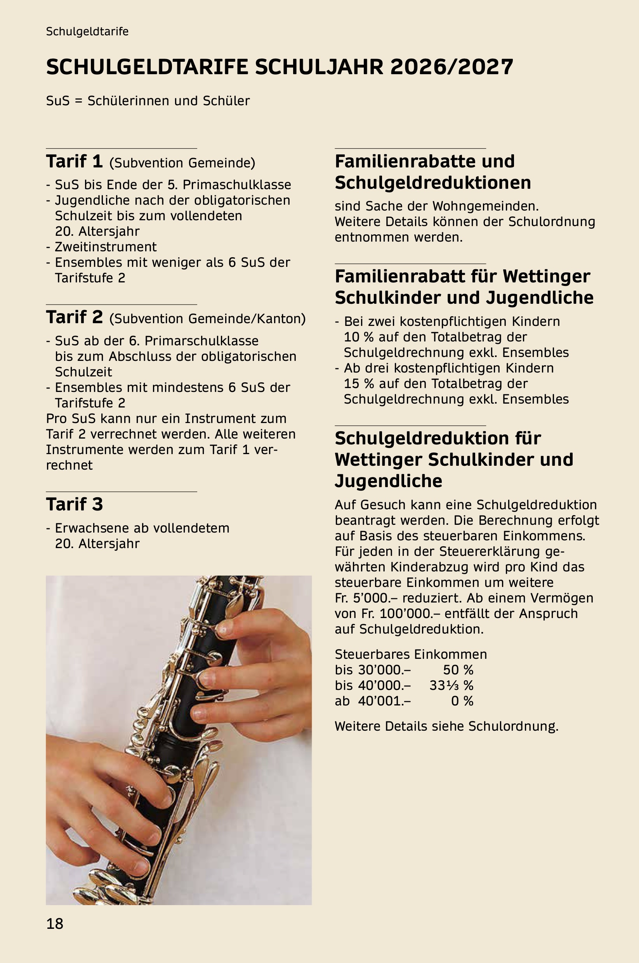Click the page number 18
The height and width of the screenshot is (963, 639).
point(55,923)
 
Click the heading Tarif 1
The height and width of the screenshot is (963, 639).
point(74,162)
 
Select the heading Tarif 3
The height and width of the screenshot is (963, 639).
point(74,504)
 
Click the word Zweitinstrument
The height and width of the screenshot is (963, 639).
point(106,247)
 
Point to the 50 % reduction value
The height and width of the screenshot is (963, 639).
point(458,670)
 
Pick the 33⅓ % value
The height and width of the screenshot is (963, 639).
point(451,685)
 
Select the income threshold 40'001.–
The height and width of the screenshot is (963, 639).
point(384,701)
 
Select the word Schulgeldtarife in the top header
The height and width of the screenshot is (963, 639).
point(87,32)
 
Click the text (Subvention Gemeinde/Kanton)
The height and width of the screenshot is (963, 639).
point(207,319)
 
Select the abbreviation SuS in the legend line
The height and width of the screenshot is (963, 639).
point(58,101)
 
